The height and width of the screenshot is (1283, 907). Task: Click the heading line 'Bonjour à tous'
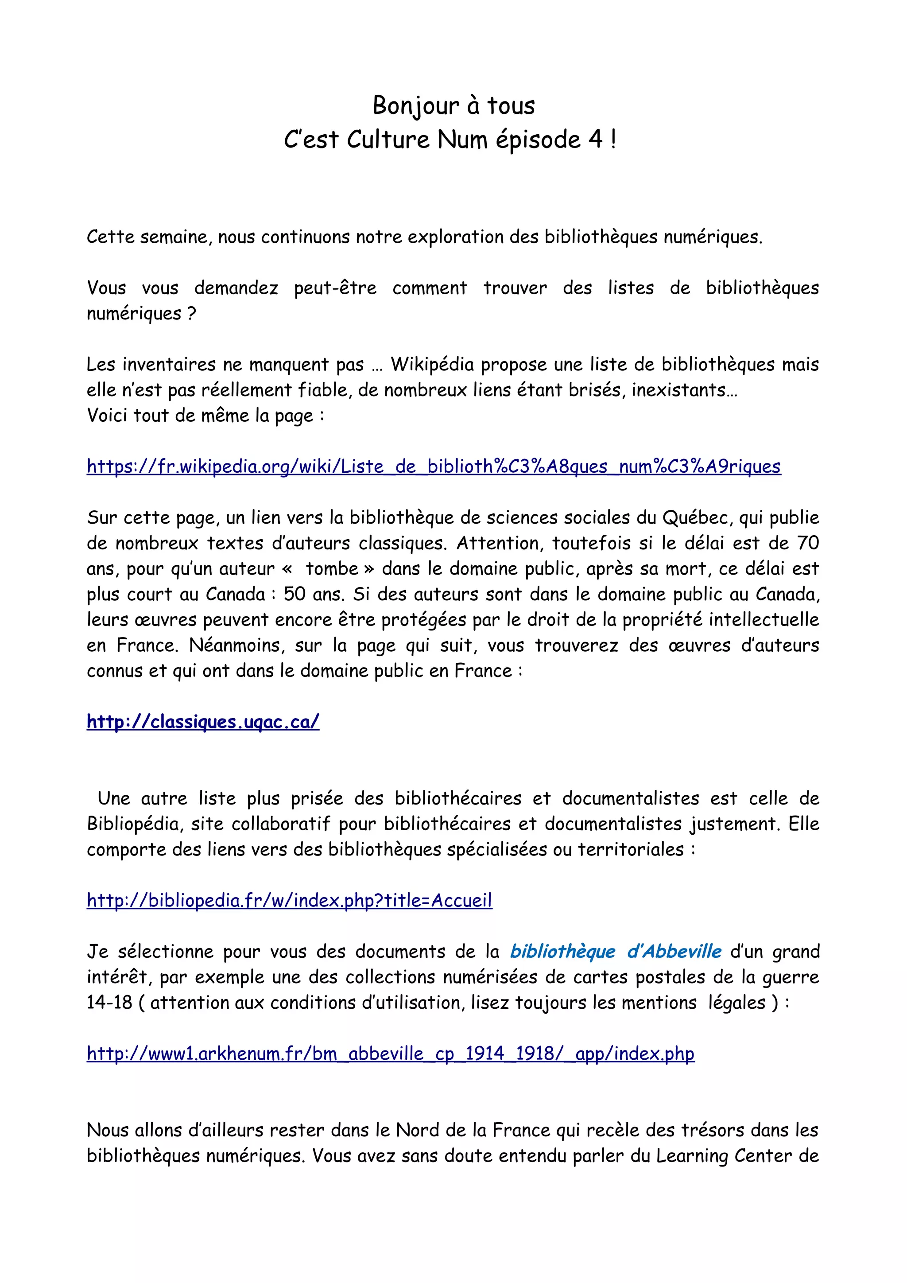[x=453, y=105]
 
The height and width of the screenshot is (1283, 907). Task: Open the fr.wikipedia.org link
[x=434, y=466]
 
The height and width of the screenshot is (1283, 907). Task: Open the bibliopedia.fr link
[x=289, y=900]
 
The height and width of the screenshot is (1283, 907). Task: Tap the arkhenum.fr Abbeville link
[x=390, y=1054]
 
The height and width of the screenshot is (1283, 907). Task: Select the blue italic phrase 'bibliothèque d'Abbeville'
[x=616, y=951]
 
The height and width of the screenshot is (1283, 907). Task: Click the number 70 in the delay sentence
[x=807, y=543]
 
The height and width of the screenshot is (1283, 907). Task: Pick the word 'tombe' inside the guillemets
[x=332, y=568]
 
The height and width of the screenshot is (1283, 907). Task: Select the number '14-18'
[x=109, y=1003]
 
